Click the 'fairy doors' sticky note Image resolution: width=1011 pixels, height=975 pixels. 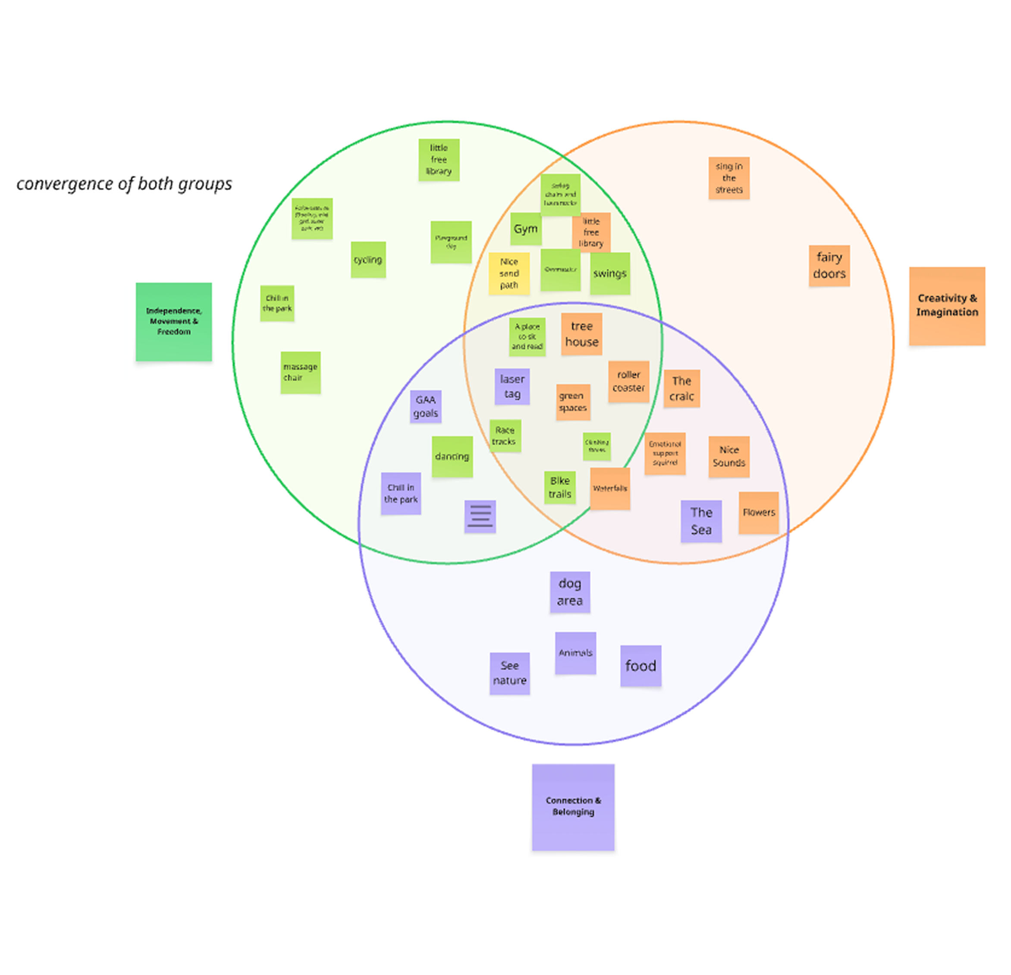click(829, 266)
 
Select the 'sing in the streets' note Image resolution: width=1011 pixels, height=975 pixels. click(728, 178)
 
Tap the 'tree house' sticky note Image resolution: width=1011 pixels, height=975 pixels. click(581, 334)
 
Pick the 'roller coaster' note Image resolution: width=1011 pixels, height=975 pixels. click(628, 381)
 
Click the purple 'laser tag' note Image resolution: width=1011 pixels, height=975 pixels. click(512, 387)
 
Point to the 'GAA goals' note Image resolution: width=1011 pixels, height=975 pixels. click(426, 406)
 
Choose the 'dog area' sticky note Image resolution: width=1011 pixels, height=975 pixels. click(569, 592)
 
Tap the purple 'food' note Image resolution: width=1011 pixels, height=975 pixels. click(641, 666)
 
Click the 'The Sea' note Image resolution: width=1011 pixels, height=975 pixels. click(701, 521)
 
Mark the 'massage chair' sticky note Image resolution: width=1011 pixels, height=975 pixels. click(300, 372)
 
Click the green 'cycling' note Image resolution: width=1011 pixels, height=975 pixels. click(368, 259)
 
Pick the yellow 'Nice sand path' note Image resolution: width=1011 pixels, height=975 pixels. click(509, 274)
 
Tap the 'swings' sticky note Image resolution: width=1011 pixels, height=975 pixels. click(610, 274)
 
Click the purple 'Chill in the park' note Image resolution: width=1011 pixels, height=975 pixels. click(401, 494)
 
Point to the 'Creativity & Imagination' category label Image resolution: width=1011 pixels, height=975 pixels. click(947, 305)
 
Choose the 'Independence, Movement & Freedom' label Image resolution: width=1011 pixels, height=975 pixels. click(174, 321)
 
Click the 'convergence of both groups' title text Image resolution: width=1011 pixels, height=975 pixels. click(124, 184)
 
